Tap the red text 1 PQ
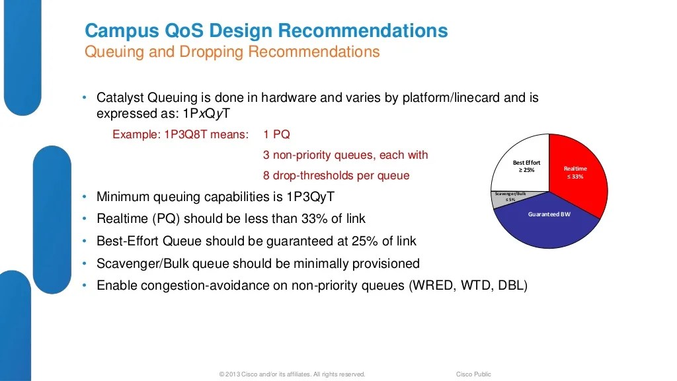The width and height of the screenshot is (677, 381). (276, 134)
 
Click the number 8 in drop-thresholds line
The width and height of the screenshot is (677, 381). (266, 176)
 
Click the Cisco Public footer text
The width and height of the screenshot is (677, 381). (473, 374)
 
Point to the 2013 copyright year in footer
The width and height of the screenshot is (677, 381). (233, 374)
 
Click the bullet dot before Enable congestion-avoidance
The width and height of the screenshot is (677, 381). (85, 286)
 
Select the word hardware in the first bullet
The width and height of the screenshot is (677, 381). (287, 98)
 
